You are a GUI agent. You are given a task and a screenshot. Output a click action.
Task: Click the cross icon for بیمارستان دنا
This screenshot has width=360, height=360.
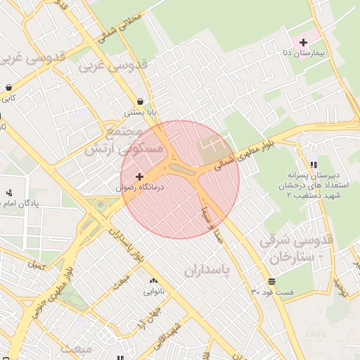pos(303,43)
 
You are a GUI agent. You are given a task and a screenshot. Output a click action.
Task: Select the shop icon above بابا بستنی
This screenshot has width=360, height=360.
pos(141,101)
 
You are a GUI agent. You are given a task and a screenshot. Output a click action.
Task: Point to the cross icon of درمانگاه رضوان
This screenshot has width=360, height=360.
pos(139,176)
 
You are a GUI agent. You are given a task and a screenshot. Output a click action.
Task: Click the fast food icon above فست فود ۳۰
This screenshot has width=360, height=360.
pos(272,281)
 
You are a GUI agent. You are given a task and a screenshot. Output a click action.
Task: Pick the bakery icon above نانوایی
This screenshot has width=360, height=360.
pos(153,281)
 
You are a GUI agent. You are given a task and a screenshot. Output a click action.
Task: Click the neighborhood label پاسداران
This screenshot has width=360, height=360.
pos(208,269)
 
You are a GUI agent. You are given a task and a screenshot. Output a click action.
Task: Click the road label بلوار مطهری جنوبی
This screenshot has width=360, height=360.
pos(53,295)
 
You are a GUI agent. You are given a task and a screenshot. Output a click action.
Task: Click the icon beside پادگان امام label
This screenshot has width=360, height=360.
pos(9,192)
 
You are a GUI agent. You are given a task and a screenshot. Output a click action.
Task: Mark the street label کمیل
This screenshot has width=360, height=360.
pos(34,266)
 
